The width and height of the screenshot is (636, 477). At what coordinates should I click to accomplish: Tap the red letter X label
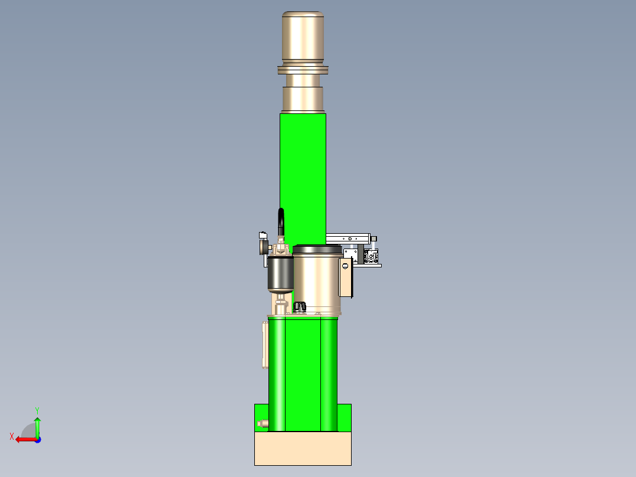coord(12,436)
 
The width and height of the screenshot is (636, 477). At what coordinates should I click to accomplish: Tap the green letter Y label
coord(37,409)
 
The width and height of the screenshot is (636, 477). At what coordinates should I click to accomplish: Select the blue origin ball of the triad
coord(37,439)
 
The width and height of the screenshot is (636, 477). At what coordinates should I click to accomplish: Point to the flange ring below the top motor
coord(303,71)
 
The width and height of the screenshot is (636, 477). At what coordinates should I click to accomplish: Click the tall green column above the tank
coord(303,171)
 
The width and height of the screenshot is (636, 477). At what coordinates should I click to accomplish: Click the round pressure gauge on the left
coord(262,245)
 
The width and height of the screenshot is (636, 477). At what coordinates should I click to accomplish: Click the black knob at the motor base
coord(300,306)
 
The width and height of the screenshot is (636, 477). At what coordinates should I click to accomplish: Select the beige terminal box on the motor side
coord(346,277)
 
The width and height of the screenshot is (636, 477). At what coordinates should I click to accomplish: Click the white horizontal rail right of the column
coord(348,238)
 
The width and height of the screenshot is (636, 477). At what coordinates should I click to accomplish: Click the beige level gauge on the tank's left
coord(265,344)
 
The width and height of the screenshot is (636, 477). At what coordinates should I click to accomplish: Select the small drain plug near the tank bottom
coord(263,423)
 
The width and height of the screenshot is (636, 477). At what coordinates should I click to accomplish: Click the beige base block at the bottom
coord(303,449)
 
